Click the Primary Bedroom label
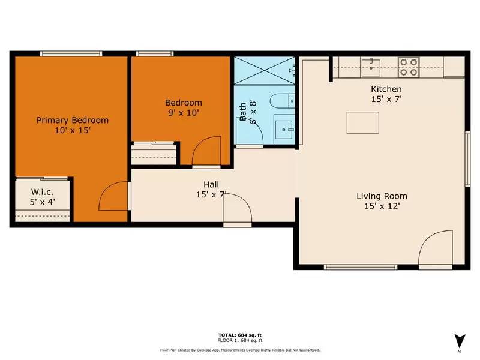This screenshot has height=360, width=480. [73, 120]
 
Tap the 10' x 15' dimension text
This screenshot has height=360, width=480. [73, 130]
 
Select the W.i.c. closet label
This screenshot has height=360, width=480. [43, 193]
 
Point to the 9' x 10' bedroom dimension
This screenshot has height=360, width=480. [184, 112]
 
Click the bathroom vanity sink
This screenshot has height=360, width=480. [283, 128]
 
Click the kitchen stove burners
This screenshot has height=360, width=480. [410, 66]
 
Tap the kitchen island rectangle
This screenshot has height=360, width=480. [362, 122]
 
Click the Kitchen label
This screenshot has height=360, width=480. [386, 89]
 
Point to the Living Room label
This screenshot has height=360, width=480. [382, 196]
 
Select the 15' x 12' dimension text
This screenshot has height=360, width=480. [382, 206]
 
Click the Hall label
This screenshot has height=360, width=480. [211, 184]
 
